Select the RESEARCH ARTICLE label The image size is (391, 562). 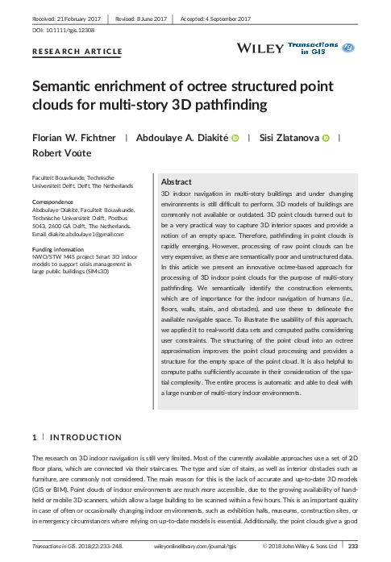[x=77, y=52]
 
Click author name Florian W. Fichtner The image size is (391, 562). [x=72, y=139]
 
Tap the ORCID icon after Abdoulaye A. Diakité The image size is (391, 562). [x=235, y=139]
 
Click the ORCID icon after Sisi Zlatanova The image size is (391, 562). [x=326, y=139]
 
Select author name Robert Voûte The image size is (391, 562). [x=61, y=153]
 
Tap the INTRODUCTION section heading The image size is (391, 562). [x=85, y=437]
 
